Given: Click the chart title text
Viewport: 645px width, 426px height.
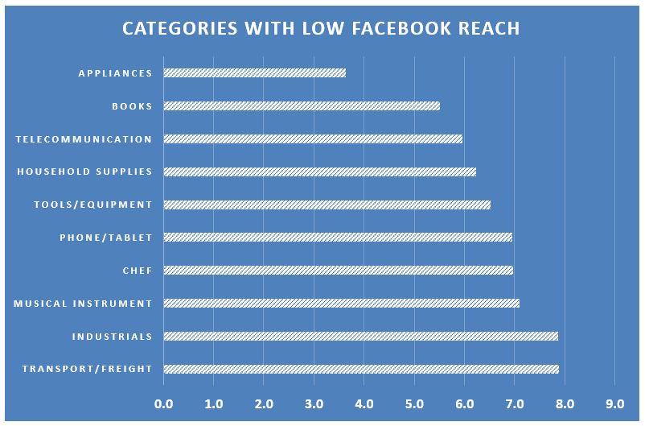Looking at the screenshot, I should [321, 29].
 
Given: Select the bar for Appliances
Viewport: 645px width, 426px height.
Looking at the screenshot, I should [254, 72].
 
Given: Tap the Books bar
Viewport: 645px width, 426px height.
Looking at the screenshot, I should [302, 105].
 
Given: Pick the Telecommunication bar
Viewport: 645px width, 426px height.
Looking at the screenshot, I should [313, 139].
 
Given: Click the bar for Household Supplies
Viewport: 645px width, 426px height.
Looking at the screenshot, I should [319, 172].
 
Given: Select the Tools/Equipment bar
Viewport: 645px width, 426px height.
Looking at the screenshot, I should [327, 205].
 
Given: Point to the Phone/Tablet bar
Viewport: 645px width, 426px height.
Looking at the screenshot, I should [338, 238].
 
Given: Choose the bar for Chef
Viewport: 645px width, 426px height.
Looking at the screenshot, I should [338, 270].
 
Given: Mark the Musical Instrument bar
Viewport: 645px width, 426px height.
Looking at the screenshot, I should [341, 303].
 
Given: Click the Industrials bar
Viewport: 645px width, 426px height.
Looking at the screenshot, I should [360, 336].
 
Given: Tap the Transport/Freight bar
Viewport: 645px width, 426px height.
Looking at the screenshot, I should [360, 369].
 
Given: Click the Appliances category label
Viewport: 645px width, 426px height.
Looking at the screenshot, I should [115, 73].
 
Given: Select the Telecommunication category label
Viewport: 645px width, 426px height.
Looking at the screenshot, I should [84, 139].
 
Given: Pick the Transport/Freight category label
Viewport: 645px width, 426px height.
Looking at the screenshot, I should [87, 370].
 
